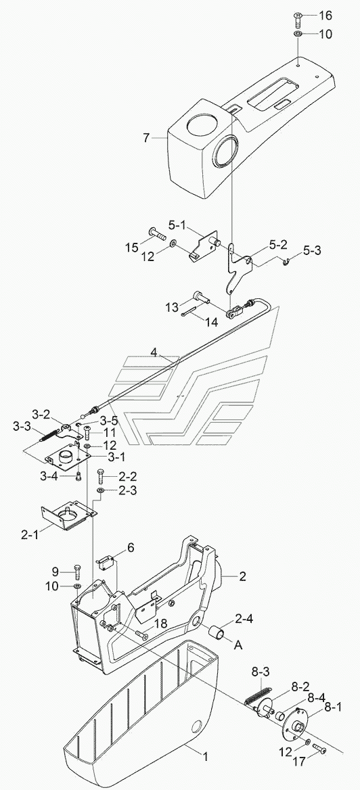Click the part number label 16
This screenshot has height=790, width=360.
pos(325,16)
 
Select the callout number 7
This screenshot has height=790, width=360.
pos(146,137)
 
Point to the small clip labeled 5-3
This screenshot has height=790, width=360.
pos(286,261)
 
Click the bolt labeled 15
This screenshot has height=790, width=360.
pos(158,233)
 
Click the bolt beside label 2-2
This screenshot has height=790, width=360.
pos(101,475)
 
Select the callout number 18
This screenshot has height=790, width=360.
pos(160,623)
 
